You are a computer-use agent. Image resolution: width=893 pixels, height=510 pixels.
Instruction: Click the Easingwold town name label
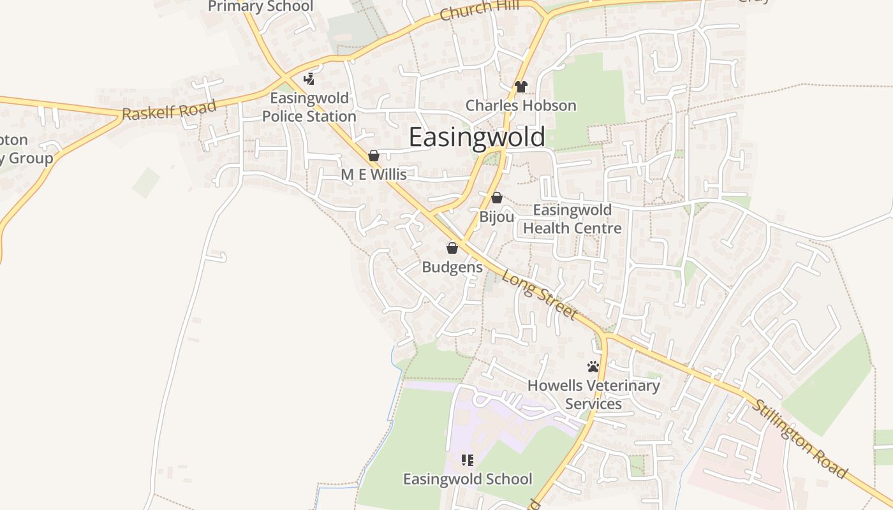(476, 137)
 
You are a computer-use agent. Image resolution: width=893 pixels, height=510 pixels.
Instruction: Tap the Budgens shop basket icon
(452, 248)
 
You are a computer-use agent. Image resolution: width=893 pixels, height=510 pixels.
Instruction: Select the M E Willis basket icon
(374, 156)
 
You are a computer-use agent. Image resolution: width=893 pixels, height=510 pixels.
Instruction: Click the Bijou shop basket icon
(496, 198)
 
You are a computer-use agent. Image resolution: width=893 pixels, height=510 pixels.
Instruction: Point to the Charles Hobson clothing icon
(521, 87)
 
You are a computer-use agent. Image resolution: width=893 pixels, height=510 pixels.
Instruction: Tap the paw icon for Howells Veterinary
(593, 367)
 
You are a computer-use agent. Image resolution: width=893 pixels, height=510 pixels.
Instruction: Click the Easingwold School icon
(468, 460)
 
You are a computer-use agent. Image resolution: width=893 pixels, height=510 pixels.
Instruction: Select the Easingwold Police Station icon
(309, 79)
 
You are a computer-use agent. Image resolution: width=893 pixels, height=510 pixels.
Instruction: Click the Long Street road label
(540, 295)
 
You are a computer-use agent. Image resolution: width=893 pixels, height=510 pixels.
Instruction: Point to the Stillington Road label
(801, 439)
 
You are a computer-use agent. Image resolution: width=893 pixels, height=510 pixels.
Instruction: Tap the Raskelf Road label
(169, 110)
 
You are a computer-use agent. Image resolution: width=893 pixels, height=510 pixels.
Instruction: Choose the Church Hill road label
(475, 10)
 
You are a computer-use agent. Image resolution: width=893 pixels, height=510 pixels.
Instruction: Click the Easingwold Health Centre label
(572, 219)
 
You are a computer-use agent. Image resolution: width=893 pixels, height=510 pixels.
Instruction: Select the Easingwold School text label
(468, 479)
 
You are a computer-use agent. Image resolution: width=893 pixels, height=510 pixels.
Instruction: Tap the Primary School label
(261, 6)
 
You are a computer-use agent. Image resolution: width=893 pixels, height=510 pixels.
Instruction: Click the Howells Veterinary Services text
(593, 395)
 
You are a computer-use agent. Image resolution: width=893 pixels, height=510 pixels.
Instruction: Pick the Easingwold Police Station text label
(309, 107)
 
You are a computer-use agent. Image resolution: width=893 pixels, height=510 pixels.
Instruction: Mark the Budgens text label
(452, 267)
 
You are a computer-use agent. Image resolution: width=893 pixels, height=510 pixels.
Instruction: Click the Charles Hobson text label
(521, 105)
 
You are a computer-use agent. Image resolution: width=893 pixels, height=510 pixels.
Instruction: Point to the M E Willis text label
(374, 174)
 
